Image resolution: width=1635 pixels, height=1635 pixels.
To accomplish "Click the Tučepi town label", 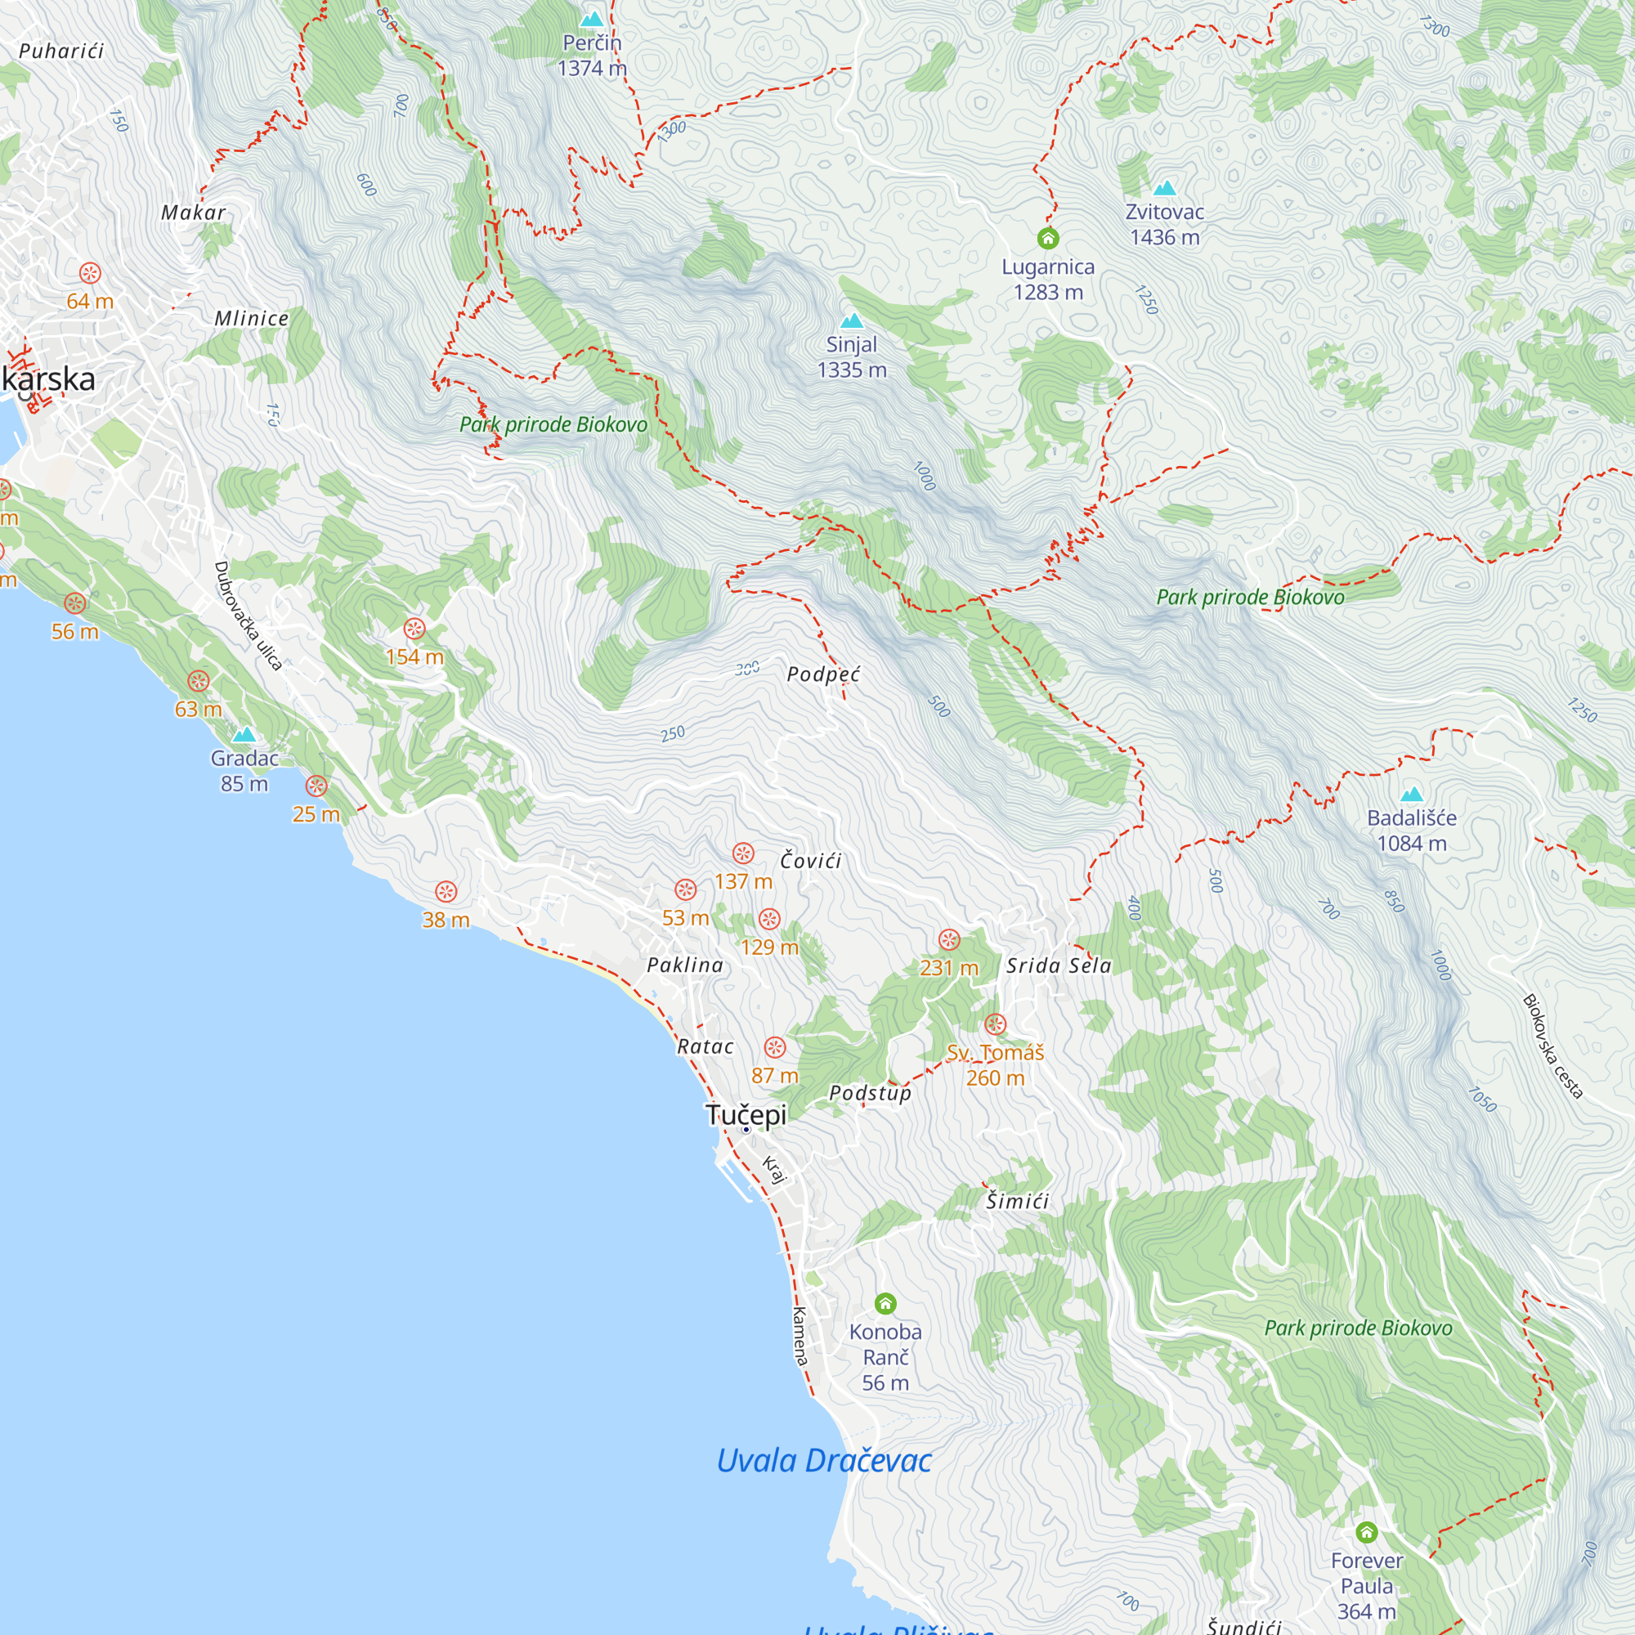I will [746, 1114].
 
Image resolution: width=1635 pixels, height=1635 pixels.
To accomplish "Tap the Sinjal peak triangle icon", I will [851, 320].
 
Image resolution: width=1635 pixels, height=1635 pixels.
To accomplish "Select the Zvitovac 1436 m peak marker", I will [1165, 188].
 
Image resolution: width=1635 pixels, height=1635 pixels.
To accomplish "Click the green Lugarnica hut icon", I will [1048, 239].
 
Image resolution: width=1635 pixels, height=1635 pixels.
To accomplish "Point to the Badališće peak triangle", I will [1412, 794].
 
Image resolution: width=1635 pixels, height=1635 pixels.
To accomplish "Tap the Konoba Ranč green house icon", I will [885, 1303].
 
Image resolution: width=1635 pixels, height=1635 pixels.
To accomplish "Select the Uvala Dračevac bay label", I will [823, 1461].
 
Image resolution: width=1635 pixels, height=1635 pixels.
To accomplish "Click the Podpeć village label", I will [822, 674].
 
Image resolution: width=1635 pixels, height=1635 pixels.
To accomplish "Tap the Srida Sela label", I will [1058, 965].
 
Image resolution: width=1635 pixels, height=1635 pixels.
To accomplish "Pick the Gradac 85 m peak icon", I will [244, 734].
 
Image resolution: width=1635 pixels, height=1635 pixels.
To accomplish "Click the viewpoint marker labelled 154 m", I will [414, 628].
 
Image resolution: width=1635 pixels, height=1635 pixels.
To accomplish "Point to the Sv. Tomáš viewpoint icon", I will [995, 1024].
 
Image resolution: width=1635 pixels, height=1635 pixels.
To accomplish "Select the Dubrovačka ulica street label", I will [247, 616].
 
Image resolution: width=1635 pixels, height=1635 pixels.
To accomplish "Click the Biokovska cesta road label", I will [1552, 1046].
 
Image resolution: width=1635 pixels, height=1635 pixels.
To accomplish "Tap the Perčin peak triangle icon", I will [592, 19].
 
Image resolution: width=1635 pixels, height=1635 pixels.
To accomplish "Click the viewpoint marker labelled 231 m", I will [948, 939].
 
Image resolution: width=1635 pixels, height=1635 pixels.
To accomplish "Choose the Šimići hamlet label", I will [1017, 1201].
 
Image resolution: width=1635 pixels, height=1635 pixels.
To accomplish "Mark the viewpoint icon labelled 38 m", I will [446, 891].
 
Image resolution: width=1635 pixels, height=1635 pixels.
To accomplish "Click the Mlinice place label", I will [251, 319].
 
